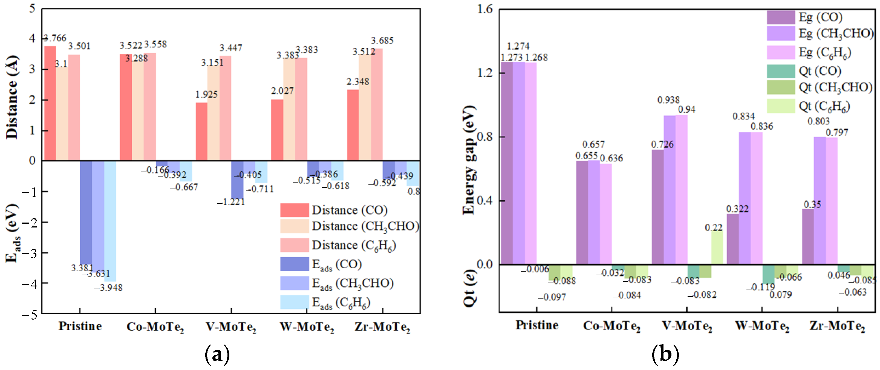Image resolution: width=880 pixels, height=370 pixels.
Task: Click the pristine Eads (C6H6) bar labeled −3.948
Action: pyautogui.click(x=110, y=221)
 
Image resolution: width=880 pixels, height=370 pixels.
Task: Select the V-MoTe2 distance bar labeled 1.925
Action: pyautogui.click(x=201, y=132)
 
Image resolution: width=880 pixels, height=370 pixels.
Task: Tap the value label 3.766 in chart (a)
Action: pyautogui.click(x=55, y=38)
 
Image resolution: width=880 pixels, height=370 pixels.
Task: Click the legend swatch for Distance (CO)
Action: pyautogui.click(x=295, y=210)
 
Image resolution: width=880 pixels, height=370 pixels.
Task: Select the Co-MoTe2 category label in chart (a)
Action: pyautogui.click(x=155, y=327)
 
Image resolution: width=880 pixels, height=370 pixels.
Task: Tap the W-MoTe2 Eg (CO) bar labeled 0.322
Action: pyautogui.click(x=733, y=239)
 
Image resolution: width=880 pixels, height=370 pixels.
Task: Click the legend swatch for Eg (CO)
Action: pyautogui.click(x=781, y=17)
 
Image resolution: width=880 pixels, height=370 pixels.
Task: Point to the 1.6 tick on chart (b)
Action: pyautogui.click(x=484, y=9)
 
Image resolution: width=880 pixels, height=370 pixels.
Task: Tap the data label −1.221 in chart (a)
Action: pyautogui.click(x=231, y=202)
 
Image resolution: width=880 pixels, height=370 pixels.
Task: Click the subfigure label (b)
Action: pyautogui.click(x=665, y=354)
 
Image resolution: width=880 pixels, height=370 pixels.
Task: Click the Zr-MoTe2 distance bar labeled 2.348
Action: pyautogui.click(x=353, y=125)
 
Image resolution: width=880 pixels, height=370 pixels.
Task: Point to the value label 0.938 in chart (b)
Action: pyautogui.click(x=668, y=100)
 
